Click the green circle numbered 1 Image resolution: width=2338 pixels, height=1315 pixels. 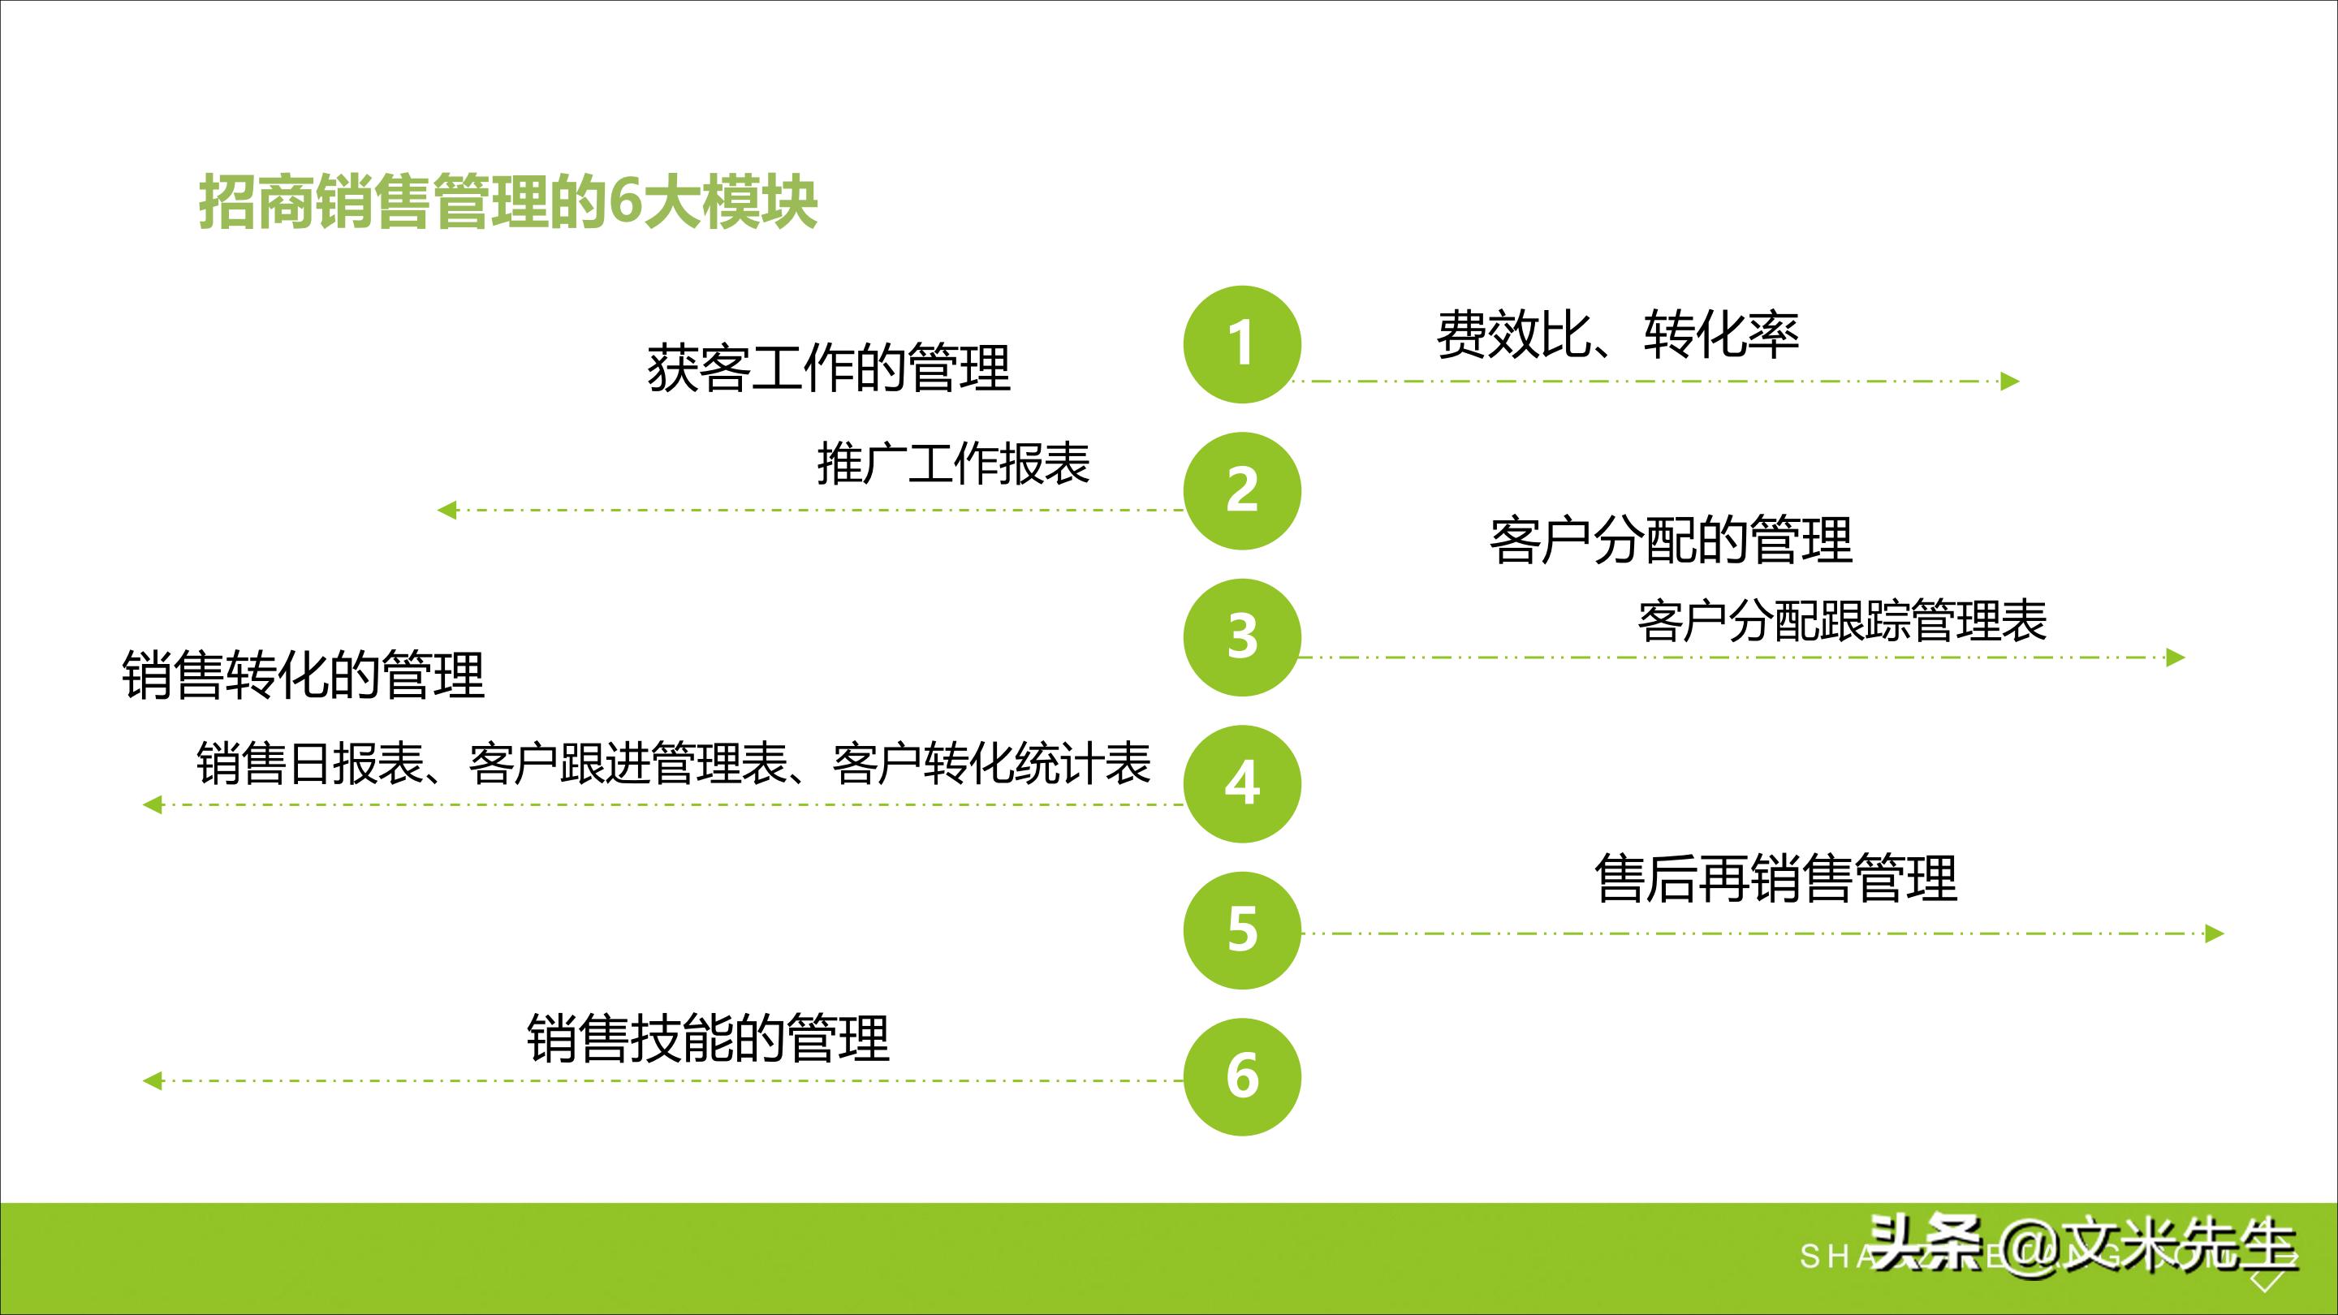tap(1241, 344)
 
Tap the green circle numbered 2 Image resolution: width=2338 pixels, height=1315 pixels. tap(1241, 491)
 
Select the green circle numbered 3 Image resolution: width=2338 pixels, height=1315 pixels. tap(1241, 637)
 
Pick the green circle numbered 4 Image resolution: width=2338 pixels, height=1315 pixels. tap(1241, 784)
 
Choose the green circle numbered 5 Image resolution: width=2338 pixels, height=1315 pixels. tap(1241, 930)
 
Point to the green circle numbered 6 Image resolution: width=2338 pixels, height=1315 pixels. tap(1241, 1076)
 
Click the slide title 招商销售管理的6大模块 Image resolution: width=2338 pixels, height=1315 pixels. tap(508, 202)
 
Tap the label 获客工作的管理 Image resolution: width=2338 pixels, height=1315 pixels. tap(828, 369)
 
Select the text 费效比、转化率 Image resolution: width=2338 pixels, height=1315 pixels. tap(1617, 334)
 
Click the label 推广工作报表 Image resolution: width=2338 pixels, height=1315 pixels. tap(953, 463)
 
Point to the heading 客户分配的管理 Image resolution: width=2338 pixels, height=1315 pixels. tap(1670, 541)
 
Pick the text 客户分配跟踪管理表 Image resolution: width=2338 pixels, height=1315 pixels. tap(1843, 622)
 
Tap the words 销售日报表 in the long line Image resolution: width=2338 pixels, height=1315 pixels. tap(309, 763)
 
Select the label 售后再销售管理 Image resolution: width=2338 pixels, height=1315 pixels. tap(1775, 878)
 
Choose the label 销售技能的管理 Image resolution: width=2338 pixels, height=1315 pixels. tap(708, 1039)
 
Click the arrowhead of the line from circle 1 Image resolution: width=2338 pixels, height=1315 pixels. tap(2010, 382)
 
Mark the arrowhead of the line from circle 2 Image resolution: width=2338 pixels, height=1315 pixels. tap(446, 510)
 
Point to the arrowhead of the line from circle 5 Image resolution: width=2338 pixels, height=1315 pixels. tap(2215, 933)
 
